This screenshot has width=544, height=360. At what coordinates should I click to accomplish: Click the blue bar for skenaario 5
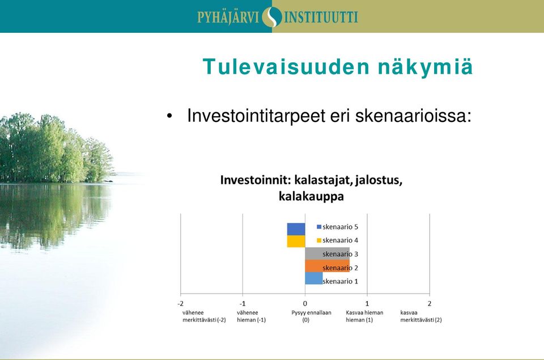[x=296, y=229]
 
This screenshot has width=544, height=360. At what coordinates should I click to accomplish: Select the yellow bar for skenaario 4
[x=296, y=242]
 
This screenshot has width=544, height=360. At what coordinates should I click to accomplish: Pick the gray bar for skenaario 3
[x=327, y=253]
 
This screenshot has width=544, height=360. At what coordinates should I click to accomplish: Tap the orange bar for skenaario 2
[x=327, y=266]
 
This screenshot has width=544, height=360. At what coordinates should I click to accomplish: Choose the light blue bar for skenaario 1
[x=314, y=278]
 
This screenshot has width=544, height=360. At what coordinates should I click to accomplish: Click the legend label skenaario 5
[x=340, y=227]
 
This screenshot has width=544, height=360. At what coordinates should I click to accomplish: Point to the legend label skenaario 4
[x=340, y=240]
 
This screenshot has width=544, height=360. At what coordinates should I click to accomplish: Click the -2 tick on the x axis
[x=180, y=304]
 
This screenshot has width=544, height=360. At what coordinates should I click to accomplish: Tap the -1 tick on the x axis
[x=243, y=304]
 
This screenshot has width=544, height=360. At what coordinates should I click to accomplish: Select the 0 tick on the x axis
[x=305, y=304]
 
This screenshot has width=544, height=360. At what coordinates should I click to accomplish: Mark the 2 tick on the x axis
[x=430, y=304]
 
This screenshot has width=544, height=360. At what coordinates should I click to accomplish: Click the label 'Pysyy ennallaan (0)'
[x=311, y=316]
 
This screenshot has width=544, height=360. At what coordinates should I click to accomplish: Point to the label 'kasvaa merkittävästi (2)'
[x=421, y=316]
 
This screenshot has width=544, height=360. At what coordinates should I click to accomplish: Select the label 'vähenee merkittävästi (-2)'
[x=204, y=316]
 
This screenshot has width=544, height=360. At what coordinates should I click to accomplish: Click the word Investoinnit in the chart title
[x=256, y=180]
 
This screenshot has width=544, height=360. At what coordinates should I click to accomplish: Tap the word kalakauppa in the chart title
[x=311, y=197]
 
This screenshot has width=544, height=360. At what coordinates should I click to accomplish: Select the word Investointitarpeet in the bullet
[x=256, y=116]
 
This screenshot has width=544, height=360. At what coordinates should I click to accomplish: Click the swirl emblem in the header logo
[x=272, y=17]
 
